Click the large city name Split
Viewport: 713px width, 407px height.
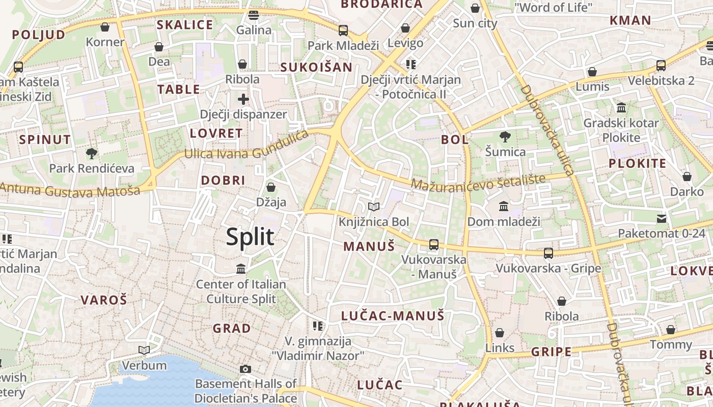[250, 237]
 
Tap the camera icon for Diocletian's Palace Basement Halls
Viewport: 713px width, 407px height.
[245, 369]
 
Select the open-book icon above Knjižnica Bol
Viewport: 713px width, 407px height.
[374, 207]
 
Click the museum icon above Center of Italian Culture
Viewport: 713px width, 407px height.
[241, 268]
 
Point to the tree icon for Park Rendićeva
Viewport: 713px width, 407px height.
[92, 153]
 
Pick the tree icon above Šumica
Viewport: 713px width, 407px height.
[505, 136]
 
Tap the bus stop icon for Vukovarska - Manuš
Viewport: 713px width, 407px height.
[434, 245]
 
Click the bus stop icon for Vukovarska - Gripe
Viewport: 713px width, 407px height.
[549, 253]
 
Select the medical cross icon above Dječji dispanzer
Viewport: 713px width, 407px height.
[243, 99]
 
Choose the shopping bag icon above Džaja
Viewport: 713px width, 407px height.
[271, 187]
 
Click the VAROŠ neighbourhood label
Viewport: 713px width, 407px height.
[104, 300]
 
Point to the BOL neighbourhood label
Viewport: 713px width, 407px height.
[455, 140]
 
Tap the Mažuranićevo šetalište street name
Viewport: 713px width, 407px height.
[478, 183]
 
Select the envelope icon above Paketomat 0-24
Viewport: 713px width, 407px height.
[662, 219]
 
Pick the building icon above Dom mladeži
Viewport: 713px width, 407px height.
[504, 207]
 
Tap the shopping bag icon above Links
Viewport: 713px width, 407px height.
[500, 333]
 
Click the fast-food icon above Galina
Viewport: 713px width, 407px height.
[254, 15]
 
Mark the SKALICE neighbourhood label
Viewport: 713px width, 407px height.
[184, 25]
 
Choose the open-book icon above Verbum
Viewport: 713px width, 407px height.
[144, 350]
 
